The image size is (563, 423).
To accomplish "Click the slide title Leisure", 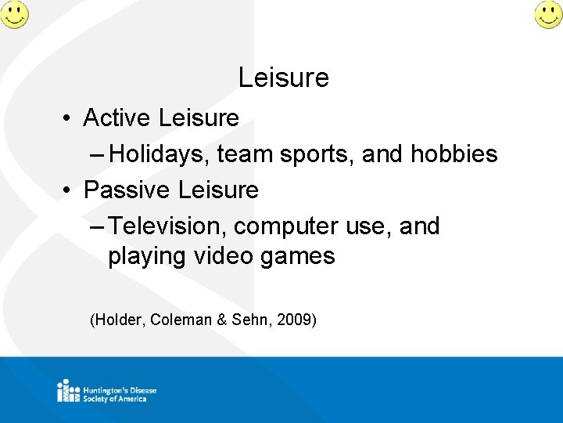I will pyautogui.click(x=283, y=78).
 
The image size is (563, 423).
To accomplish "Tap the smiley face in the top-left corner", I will pyautogui.click(x=14, y=14).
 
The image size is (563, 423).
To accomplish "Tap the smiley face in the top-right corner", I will pyautogui.click(x=548, y=14).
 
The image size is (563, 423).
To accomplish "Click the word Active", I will pyautogui.click(x=117, y=118).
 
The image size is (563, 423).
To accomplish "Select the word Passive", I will pyautogui.click(x=127, y=190).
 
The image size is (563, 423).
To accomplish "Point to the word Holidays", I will pyautogui.click(x=160, y=154).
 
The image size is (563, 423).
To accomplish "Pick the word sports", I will pyautogui.click(x=311, y=154).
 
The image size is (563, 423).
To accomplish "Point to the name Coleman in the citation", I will pyautogui.click(x=181, y=320).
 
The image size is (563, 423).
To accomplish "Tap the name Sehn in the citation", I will pyautogui.click(x=248, y=320).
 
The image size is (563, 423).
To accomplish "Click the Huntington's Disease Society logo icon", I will pyautogui.click(x=68, y=390).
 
